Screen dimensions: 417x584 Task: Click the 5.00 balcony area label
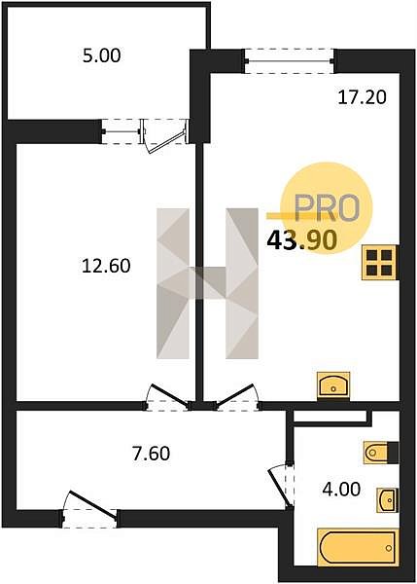pyautogui.click(x=101, y=55)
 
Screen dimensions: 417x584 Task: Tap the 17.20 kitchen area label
pyautogui.click(x=362, y=97)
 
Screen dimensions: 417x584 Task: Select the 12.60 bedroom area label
pyautogui.click(x=106, y=267)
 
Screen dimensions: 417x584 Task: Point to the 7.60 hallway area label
pyautogui.click(x=151, y=454)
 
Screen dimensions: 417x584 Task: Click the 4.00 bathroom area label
pyautogui.click(x=341, y=489)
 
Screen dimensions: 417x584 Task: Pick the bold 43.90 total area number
pyautogui.click(x=302, y=240)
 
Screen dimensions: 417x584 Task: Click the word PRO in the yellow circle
pyautogui.click(x=327, y=207)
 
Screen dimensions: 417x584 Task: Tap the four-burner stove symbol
pyautogui.click(x=380, y=263)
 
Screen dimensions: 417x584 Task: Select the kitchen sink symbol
pyautogui.click(x=333, y=385)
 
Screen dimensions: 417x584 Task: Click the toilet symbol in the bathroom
pyautogui.click(x=381, y=453)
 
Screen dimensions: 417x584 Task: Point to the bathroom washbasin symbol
pyautogui.click(x=388, y=500)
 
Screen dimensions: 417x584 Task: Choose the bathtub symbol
pyautogui.click(x=357, y=547)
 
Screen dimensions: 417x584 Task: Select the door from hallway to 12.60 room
pyautogui.click(x=167, y=398)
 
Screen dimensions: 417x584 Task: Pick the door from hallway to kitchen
pyautogui.click(x=237, y=398)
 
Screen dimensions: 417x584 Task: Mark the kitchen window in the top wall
pyautogui.click(x=290, y=61)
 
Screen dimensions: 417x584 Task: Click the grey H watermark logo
pyautogui.click(x=207, y=283)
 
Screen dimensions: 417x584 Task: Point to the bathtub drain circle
pyautogui.click(x=389, y=548)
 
